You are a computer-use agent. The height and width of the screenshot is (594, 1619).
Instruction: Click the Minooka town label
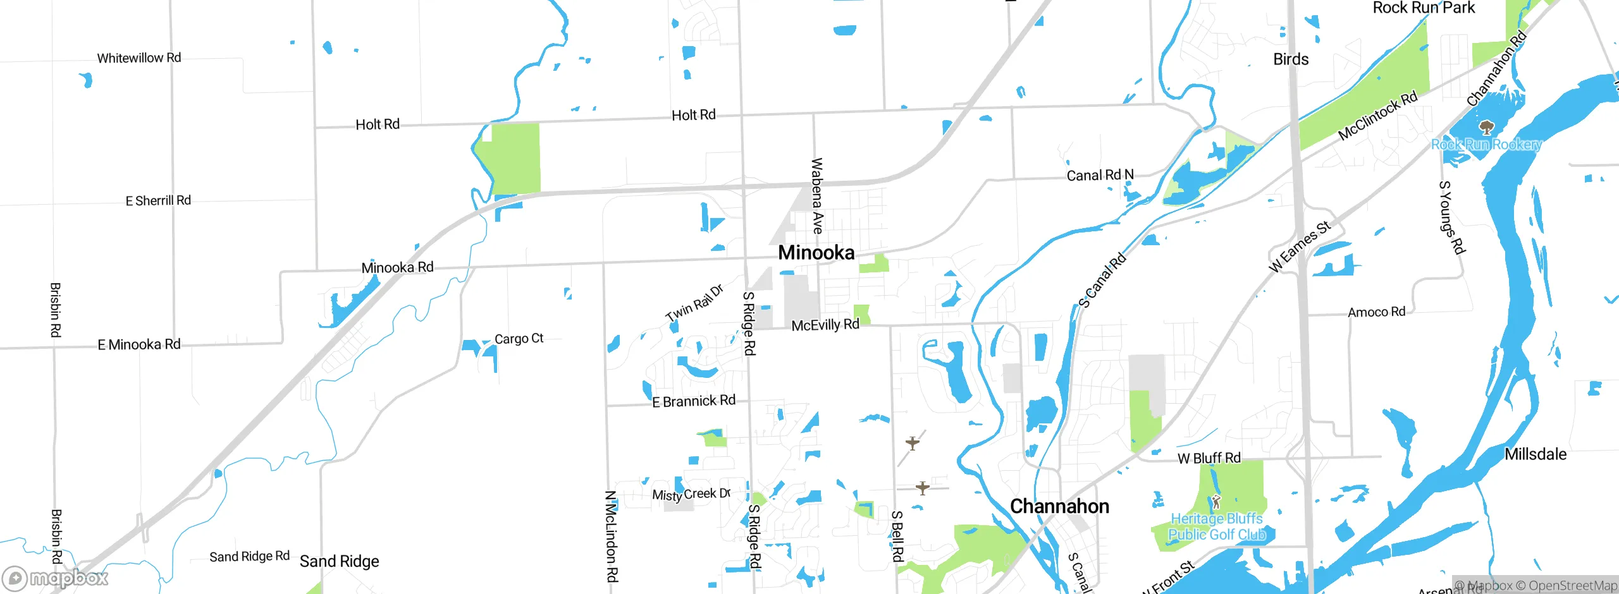pyautogui.click(x=816, y=253)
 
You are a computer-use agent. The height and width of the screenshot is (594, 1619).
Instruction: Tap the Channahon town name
pyautogui.click(x=1059, y=506)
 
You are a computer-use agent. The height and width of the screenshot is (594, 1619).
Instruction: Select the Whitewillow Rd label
pyautogui.click(x=139, y=58)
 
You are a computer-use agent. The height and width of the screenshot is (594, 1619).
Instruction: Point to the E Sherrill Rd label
pyautogui.click(x=158, y=200)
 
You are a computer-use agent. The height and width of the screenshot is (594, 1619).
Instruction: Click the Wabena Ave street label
pyautogui.click(x=817, y=196)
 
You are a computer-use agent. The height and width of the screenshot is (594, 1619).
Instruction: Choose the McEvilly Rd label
pyautogui.click(x=825, y=325)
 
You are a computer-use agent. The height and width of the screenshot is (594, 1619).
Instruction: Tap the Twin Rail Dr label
pyautogui.click(x=694, y=303)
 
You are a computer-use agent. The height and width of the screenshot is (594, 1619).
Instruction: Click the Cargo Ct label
pyautogui.click(x=519, y=339)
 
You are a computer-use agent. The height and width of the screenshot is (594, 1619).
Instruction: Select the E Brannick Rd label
pyautogui.click(x=694, y=401)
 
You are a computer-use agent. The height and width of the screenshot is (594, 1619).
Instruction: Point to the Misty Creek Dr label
pyautogui.click(x=691, y=494)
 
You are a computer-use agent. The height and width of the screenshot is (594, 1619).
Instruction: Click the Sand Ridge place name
pyautogui.click(x=339, y=561)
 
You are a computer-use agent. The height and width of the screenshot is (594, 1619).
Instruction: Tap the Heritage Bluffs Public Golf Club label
pyautogui.click(x=1217, y=526)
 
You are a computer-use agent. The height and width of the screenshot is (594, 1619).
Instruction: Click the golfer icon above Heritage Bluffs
pyautogui.click(x=1216, y=503)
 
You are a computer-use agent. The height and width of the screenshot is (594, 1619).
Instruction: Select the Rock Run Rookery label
pyautogui.click(x=1486, y=144)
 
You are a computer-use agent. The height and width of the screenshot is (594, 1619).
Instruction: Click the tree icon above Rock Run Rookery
pyautogui.click(x=1487, y=128)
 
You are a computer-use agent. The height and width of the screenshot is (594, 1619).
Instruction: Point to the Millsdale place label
pyautogui.click(x=1536, y=454)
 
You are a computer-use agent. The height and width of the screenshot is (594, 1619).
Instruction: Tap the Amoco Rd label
pyautogui.click(x=1376, y=312)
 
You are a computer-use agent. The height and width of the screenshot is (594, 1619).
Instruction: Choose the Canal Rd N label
pyautogui.click(x=1100, y=175)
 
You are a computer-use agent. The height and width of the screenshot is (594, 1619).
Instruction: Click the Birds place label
pyautogui.click(x=1291, y=59)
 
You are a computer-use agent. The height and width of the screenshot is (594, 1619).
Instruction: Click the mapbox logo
pyautogui.click(x=56, y=578)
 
